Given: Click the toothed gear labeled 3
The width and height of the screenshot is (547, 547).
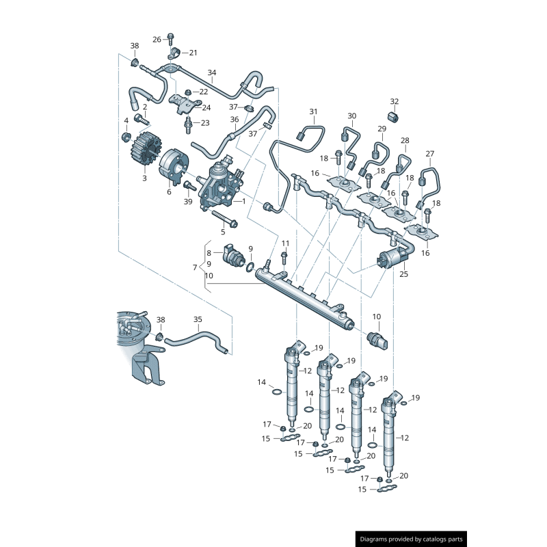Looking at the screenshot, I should pyautogui.click(x=144, y=151).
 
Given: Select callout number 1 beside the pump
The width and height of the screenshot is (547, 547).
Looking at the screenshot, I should pyautogui.click(x=243, y=202).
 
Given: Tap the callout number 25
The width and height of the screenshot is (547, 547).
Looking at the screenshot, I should pyautogui.click(x=403, y=273).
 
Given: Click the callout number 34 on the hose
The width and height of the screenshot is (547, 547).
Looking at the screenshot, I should pyautogui.click(x=212, y=72).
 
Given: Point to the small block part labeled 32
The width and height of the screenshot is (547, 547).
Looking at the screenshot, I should pyautogui.click(x=394, y=116).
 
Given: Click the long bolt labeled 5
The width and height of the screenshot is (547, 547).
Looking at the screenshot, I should pyautogui.click(x=224, y=219).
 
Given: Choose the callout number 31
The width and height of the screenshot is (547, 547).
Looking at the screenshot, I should pyautogui.click(x=313, y=111).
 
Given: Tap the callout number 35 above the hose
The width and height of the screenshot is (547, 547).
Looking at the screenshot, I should pyautogui.click(x=198, y=319).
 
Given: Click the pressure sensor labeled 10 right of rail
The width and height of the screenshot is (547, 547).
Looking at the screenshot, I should pyautogui.click(x=377, y=339).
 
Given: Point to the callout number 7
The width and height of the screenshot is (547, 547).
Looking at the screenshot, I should pyautogui.click(x=195, y=267).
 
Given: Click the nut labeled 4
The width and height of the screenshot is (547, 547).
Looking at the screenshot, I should pyautogui.click(x=126, y=137).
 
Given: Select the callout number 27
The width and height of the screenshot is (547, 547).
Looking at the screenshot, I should pyautogui.click(x=429, y=153).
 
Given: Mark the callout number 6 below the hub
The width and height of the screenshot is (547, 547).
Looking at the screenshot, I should pyautogui.click(x=169, y=192).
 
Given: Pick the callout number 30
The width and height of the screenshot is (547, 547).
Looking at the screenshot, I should pyautogui.click(x=351, y=116).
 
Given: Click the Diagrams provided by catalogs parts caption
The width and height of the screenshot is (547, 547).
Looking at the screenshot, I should pyautogui.click(x=411, y=539).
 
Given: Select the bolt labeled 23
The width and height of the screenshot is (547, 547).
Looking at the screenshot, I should pyautogui.click(x=187, y=125).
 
